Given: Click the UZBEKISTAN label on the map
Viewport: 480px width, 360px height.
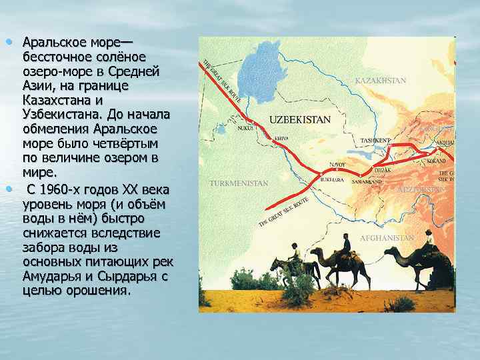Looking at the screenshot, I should [x=300, y=120].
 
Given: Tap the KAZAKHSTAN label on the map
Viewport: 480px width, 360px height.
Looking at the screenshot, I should [x=380, y=81].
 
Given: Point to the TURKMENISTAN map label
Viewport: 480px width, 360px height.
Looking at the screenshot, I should [x=239, y=183].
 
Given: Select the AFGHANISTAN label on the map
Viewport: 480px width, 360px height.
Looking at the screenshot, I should [x=387, y=238].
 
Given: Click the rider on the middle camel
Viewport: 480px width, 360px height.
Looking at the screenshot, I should [x=345, y=244].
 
